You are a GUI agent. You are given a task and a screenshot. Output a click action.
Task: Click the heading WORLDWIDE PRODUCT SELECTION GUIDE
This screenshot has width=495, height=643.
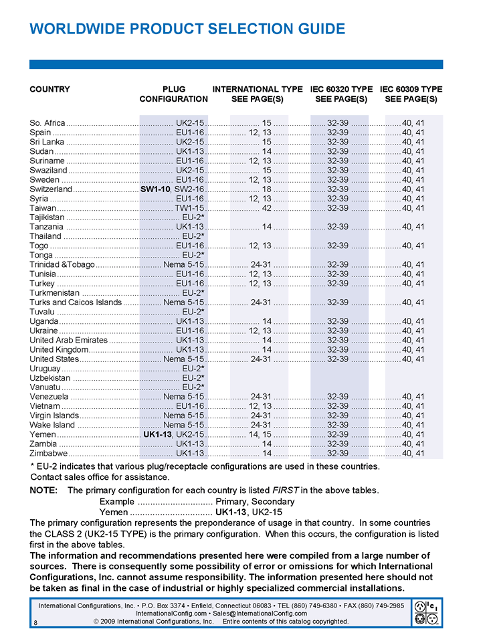[187, 29]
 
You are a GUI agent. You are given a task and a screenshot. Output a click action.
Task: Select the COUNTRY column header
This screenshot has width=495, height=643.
[50, 89]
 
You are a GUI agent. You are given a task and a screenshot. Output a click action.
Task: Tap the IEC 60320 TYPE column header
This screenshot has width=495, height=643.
[341, 89]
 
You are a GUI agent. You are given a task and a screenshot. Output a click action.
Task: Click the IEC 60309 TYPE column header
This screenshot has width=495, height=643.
[411, 89]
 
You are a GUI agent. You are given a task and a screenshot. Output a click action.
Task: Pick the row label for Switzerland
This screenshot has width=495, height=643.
[51, 189]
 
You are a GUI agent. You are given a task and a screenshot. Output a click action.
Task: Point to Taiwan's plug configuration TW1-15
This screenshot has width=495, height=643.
[189, 208]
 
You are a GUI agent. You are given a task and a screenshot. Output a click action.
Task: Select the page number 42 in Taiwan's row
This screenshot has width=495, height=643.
[266, 208]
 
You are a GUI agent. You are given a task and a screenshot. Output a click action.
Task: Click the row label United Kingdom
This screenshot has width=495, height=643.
[59, 349]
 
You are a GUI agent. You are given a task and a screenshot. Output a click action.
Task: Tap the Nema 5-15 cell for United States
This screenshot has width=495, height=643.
[183, 359]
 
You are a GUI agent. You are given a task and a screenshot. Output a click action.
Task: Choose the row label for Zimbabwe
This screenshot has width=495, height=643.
[48, 453]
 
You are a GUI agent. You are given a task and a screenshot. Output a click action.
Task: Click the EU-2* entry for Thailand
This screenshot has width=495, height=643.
[193, 236]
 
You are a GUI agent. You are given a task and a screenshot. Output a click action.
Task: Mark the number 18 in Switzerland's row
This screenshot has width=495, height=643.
[266, 189]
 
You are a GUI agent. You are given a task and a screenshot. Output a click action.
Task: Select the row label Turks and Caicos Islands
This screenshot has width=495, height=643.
[76, 302]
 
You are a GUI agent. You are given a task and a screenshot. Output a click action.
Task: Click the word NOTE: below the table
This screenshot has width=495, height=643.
[43, 490]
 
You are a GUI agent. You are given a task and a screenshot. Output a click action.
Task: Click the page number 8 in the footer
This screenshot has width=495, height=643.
[34, 622]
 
